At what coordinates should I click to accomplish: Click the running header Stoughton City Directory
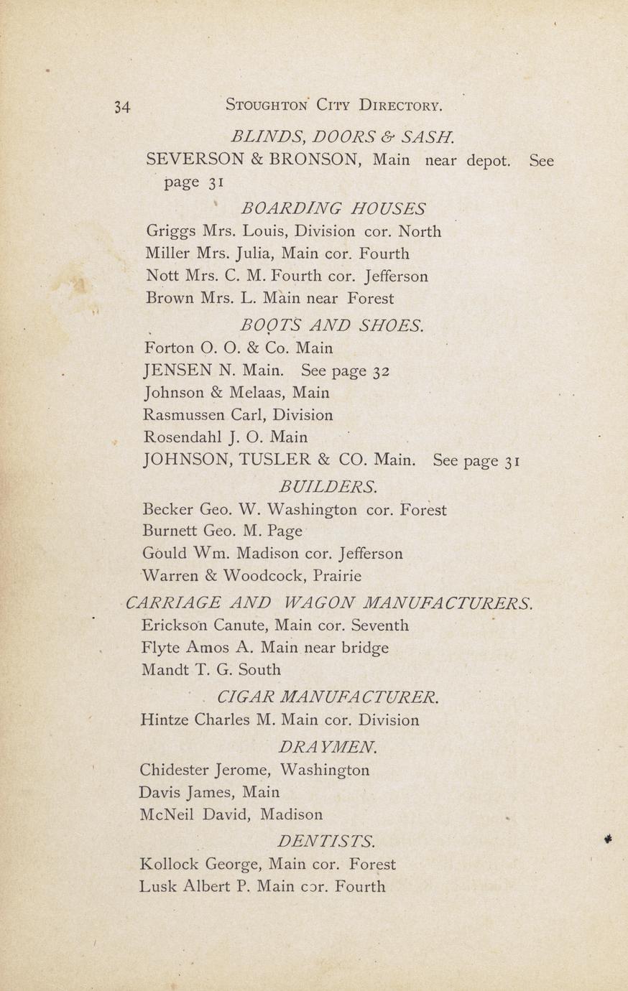334,106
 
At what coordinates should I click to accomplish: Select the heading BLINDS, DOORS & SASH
343,136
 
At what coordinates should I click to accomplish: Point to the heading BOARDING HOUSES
333,209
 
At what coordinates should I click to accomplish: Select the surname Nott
162,276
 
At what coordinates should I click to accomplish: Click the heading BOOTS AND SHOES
332,326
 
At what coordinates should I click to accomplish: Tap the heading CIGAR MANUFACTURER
328,697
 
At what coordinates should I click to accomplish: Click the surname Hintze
165,720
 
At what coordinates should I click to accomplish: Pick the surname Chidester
175,770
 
